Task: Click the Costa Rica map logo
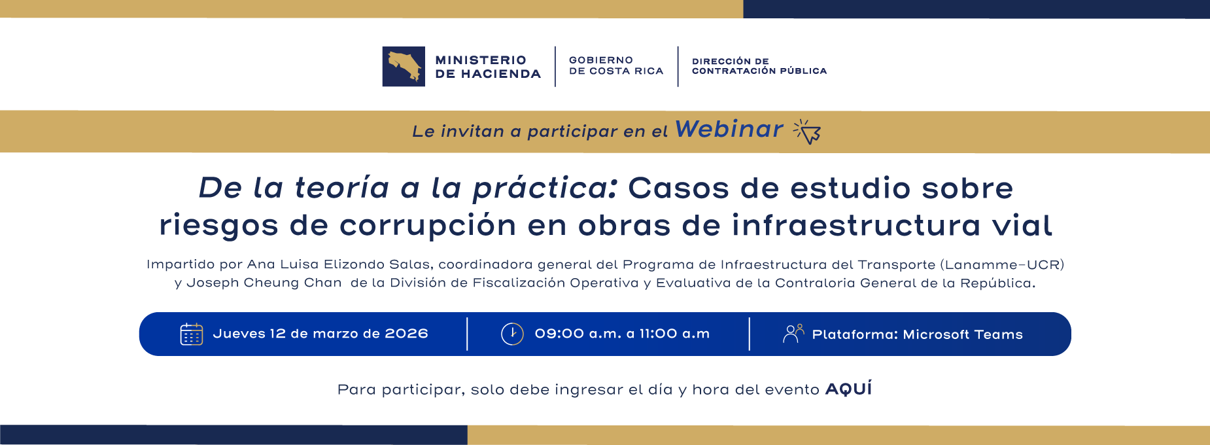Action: coord(404,66)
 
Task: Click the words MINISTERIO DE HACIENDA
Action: coord(488,67)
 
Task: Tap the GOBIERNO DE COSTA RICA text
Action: coord(616,65)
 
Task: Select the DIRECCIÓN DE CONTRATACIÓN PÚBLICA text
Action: coord(759,66)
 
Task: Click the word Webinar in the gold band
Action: coord(729,130)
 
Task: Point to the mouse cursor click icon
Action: coord(807,132)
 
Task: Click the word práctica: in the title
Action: coord(545,188)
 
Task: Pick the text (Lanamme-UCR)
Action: coord(1002,264)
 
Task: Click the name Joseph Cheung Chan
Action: coord(264,283)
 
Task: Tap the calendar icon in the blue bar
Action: coord(192,334)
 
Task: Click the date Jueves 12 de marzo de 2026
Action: coord(320,334)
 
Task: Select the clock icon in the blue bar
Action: coord(512,334)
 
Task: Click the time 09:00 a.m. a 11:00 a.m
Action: coord(622,334)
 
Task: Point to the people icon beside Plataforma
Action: coord(793,334)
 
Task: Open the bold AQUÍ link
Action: coord(848,389)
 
